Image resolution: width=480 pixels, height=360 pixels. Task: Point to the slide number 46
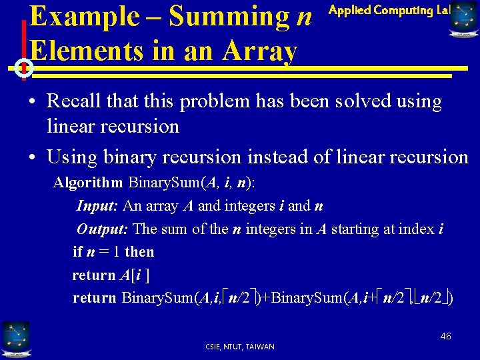point(445,336)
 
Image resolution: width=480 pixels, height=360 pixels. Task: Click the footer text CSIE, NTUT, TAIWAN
point(241,347)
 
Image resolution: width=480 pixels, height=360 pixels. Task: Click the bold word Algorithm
point(88,183)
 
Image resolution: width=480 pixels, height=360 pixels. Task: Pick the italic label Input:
point(98,206)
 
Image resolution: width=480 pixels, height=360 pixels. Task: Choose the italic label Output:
point(103,229)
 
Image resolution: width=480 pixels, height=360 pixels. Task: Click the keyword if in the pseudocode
point(77,252)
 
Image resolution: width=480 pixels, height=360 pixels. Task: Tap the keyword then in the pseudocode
point(139,252)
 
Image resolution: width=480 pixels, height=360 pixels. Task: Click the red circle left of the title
point(23,68)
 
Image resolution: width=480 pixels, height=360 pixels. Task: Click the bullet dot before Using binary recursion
point(32,158)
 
